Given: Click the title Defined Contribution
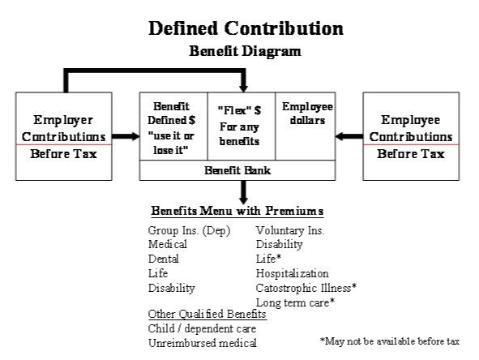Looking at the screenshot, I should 245,28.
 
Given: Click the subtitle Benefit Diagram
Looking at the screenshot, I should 245,51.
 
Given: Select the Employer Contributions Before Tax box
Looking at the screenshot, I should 63,136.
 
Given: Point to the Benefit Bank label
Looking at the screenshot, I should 237,170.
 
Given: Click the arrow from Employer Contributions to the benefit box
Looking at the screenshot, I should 125,136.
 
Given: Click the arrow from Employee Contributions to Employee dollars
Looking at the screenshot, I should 349,136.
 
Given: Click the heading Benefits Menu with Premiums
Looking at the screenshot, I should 237,212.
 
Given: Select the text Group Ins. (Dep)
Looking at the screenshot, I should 189,231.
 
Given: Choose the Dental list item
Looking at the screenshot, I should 164,259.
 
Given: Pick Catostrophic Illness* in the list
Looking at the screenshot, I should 306,288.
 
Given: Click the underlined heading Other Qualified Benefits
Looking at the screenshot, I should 207,314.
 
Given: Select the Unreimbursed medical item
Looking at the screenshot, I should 202,343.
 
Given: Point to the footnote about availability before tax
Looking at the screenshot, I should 389,341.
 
